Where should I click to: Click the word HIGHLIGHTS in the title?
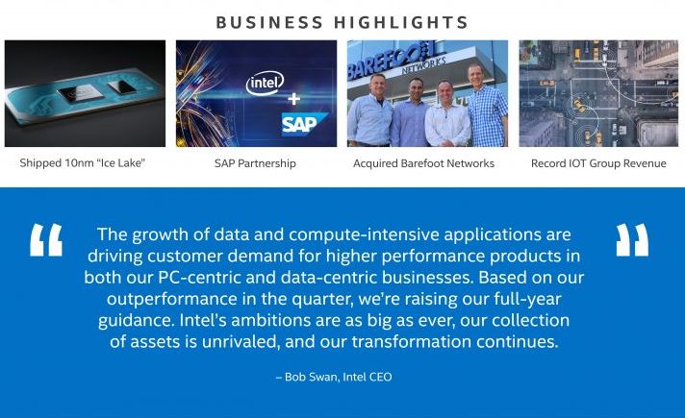(x=401, y=22)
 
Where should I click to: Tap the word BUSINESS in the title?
(x=269, y=22)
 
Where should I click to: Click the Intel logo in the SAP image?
(x=265, y=83)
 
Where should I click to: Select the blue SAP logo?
(x=304, y=124)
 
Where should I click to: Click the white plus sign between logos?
(x=294, y=99)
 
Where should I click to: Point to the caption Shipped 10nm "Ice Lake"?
(x=82, y=163)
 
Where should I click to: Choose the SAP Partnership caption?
(x=255, y=163)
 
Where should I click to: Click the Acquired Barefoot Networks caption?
(x=423, y=163)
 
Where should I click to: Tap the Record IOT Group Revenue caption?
(x=598, y=163)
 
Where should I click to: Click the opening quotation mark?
(x=46, y=240)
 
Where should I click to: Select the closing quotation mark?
(x=632, y=240)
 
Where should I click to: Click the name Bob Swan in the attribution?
(x=312, y=377)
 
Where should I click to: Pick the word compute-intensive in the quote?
(x=364, y=234)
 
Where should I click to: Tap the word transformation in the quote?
(x=411, y=342)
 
